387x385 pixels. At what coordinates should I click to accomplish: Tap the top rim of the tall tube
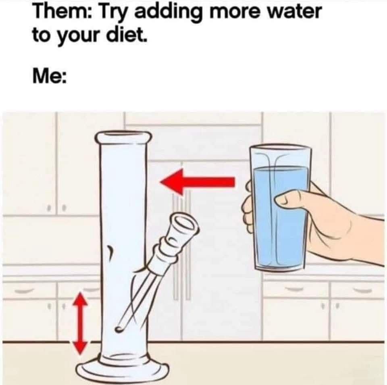(x=123, y=137)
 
